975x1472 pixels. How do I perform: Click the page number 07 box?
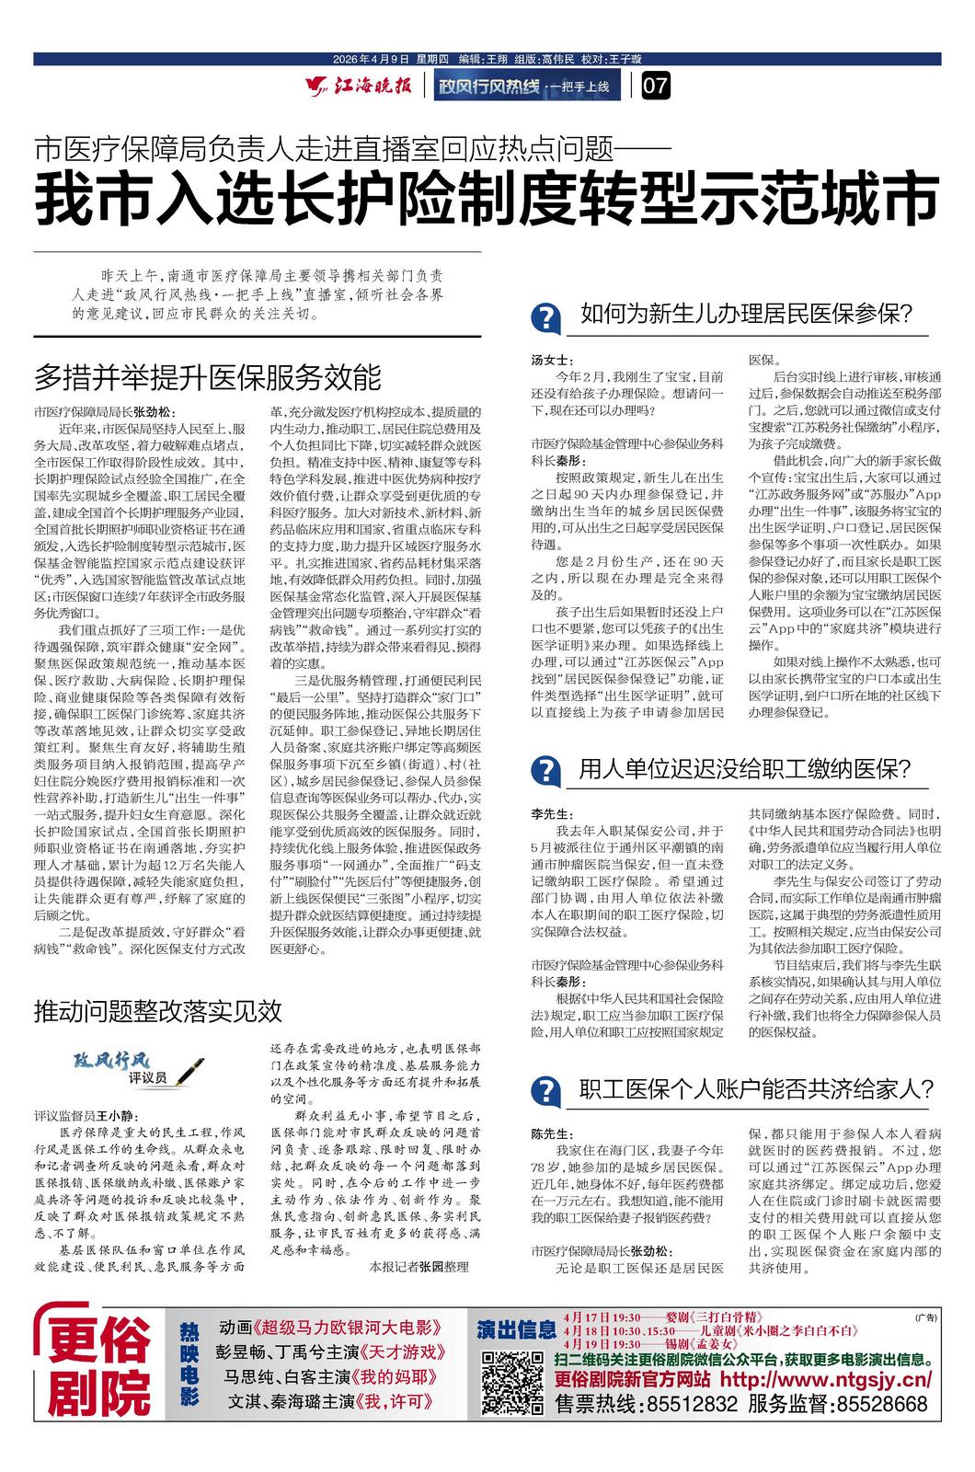pos(657,88)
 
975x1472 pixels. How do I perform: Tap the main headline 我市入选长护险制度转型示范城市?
pos(487,201)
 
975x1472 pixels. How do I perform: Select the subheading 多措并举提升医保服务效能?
pos(207,377)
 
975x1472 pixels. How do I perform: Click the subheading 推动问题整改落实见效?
pos(157,1011)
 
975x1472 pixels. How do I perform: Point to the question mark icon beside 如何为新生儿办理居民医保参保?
pos(546,318)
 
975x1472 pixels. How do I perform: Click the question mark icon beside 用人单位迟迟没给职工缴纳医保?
pos(546,770)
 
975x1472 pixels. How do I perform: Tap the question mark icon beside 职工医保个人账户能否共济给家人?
pos(546,1091)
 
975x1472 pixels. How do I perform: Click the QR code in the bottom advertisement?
pos(512,1383)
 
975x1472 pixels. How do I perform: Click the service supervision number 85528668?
pos(876,1405)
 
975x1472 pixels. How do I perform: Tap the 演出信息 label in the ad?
pos(516,1328)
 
